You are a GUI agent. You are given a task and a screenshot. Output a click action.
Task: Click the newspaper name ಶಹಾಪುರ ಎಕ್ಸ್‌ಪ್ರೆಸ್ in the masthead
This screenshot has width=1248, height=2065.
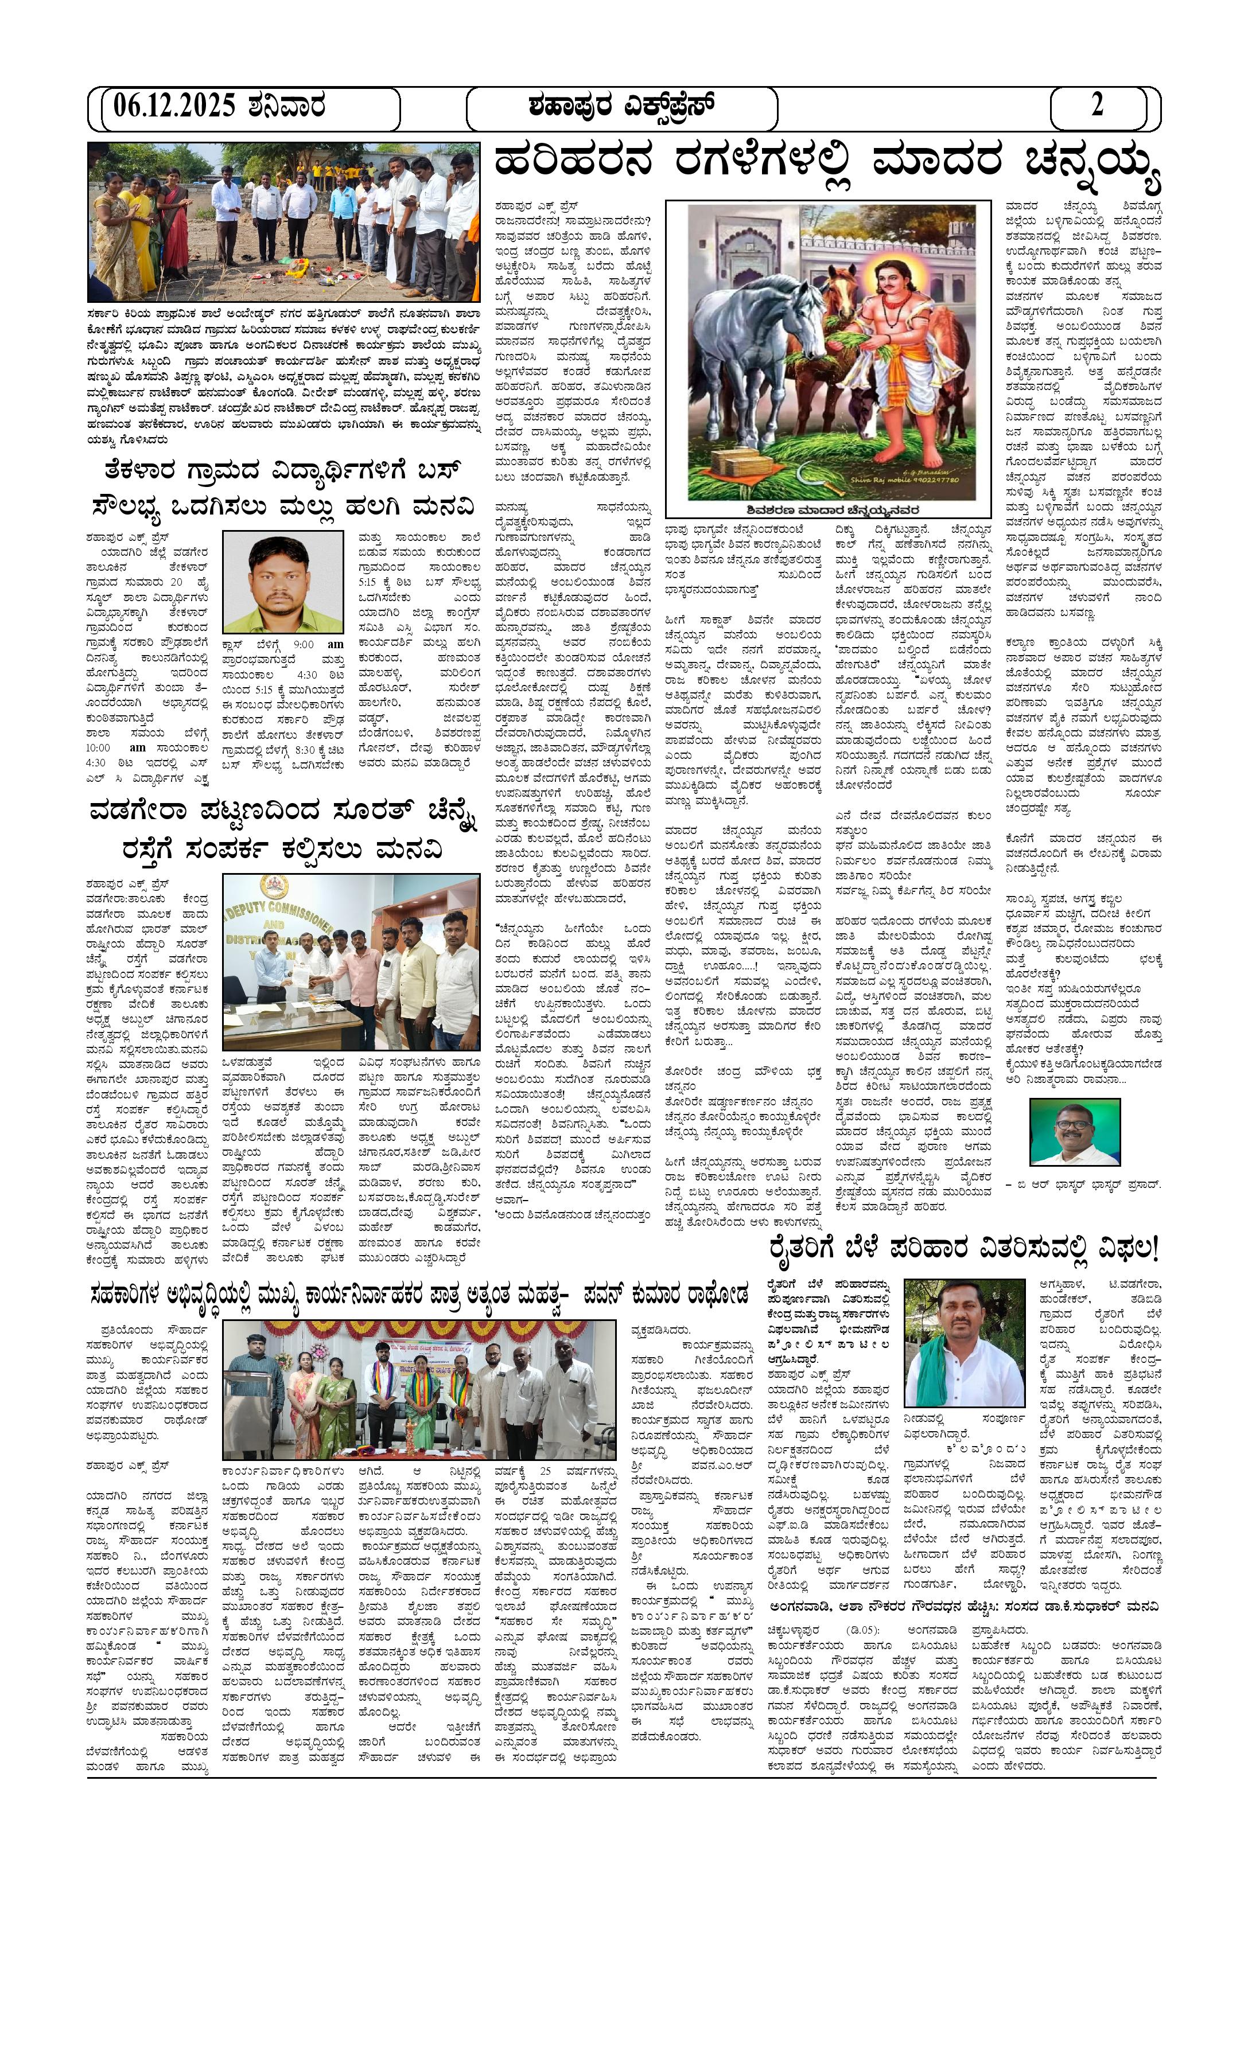pyautogui.click(x=621, y=107)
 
